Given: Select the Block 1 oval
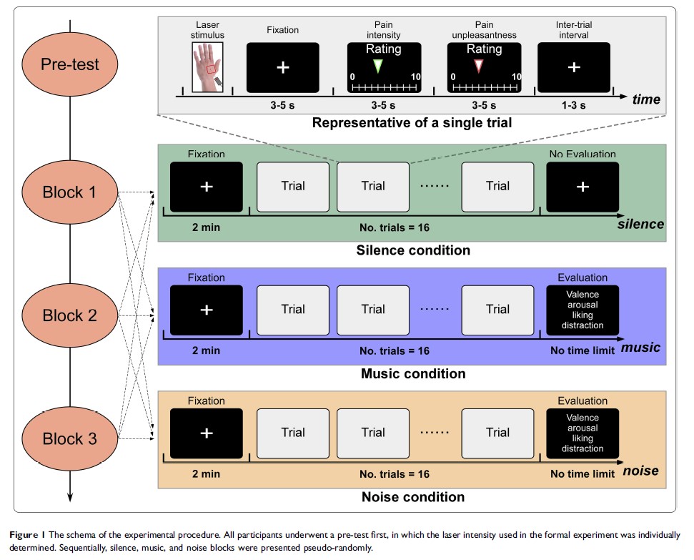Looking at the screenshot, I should (69, 192).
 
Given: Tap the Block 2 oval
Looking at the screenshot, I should (69, 315).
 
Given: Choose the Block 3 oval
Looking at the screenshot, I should (69, 438).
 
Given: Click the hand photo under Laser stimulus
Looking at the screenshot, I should (207, 67).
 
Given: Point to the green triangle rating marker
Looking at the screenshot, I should (379, 66).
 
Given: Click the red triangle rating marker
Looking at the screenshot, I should (478, 66).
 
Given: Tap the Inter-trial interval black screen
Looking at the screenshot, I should (574, 67).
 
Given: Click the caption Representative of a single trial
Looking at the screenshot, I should (412, 122).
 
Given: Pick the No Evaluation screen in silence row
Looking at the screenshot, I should (583, 187).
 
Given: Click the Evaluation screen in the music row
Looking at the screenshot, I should (583, 310).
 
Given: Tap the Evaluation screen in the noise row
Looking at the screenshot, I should (583, 433).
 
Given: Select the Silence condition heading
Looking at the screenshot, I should (413, 250).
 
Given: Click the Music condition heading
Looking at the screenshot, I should (413, 373).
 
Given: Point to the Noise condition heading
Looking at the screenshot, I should (413, 496).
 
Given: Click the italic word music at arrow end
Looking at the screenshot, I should (641, 348).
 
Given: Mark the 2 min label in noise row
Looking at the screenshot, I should (206, 474).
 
